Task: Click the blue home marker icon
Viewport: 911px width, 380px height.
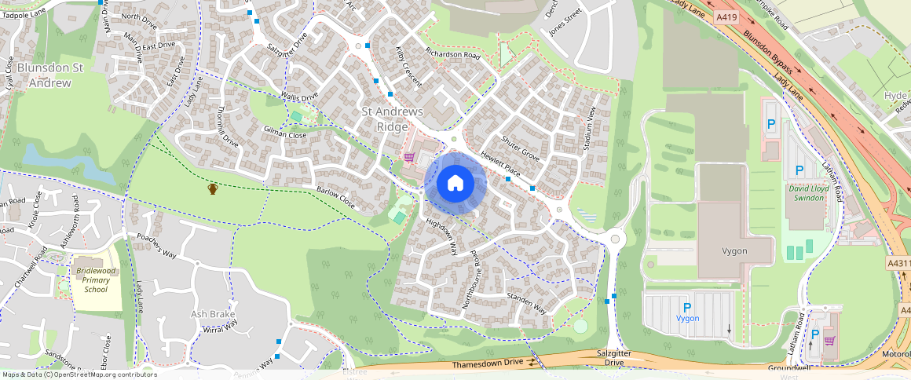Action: (x=455, y=184)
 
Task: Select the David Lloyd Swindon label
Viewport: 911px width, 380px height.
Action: (x=807, y=193)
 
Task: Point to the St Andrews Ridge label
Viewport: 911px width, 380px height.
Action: (x=393, y=119)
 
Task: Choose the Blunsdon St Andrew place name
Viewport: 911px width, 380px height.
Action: (x=50, y=75)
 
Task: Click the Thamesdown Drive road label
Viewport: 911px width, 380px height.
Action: (x=487, y=365)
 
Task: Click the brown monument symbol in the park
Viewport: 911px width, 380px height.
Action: (x=212, y=188)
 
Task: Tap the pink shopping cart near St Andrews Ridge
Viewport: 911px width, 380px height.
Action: (x=409, y=157)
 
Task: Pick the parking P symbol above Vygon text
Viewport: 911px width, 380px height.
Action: (x=687, y=307)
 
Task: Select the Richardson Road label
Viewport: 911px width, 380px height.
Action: (x=452, y=55)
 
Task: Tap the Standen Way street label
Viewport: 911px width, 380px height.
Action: (x=527, y=304)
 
